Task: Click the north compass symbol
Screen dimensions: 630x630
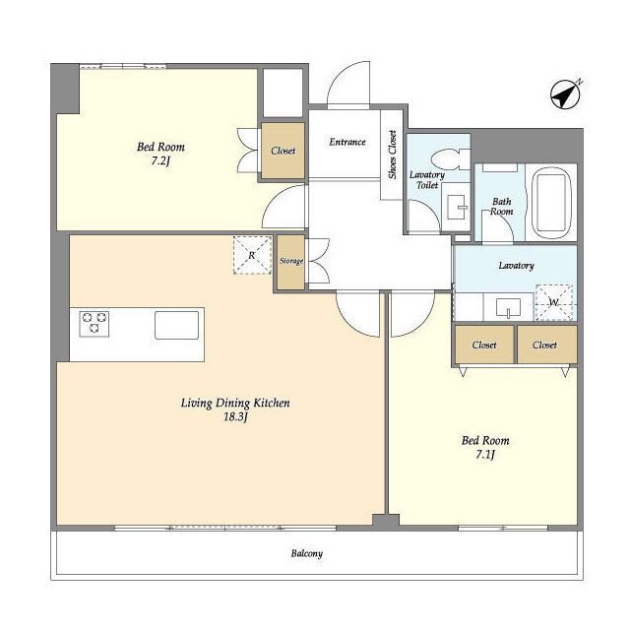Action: [565, 95]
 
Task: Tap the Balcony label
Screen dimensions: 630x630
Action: [307, 553]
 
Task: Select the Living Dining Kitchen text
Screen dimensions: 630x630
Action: [235, 403]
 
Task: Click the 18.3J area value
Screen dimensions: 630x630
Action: [235, 417]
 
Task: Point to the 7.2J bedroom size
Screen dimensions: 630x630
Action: [160, 161]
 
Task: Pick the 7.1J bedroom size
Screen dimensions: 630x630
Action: [485, 455]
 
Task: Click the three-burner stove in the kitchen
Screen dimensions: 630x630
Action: [94, 324]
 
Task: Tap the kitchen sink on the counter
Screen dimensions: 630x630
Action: [177, 325]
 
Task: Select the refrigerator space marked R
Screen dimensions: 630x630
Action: [252, 256]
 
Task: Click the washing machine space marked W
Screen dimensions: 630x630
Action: [553, 302]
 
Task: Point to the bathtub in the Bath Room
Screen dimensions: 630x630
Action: [551, 203]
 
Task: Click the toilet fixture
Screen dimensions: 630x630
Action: [451, 159]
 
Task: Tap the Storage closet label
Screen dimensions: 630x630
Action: [291, 261]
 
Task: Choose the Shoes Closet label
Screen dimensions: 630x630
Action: [392, 155]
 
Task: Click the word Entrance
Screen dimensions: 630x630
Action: [347, 142]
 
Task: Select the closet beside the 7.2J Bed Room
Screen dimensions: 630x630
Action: [283, 151]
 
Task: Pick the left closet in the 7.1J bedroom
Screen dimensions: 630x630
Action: [484, 345]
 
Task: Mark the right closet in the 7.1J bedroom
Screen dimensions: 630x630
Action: [546, 345]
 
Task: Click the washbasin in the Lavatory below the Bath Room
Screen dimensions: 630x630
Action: [508, 308]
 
